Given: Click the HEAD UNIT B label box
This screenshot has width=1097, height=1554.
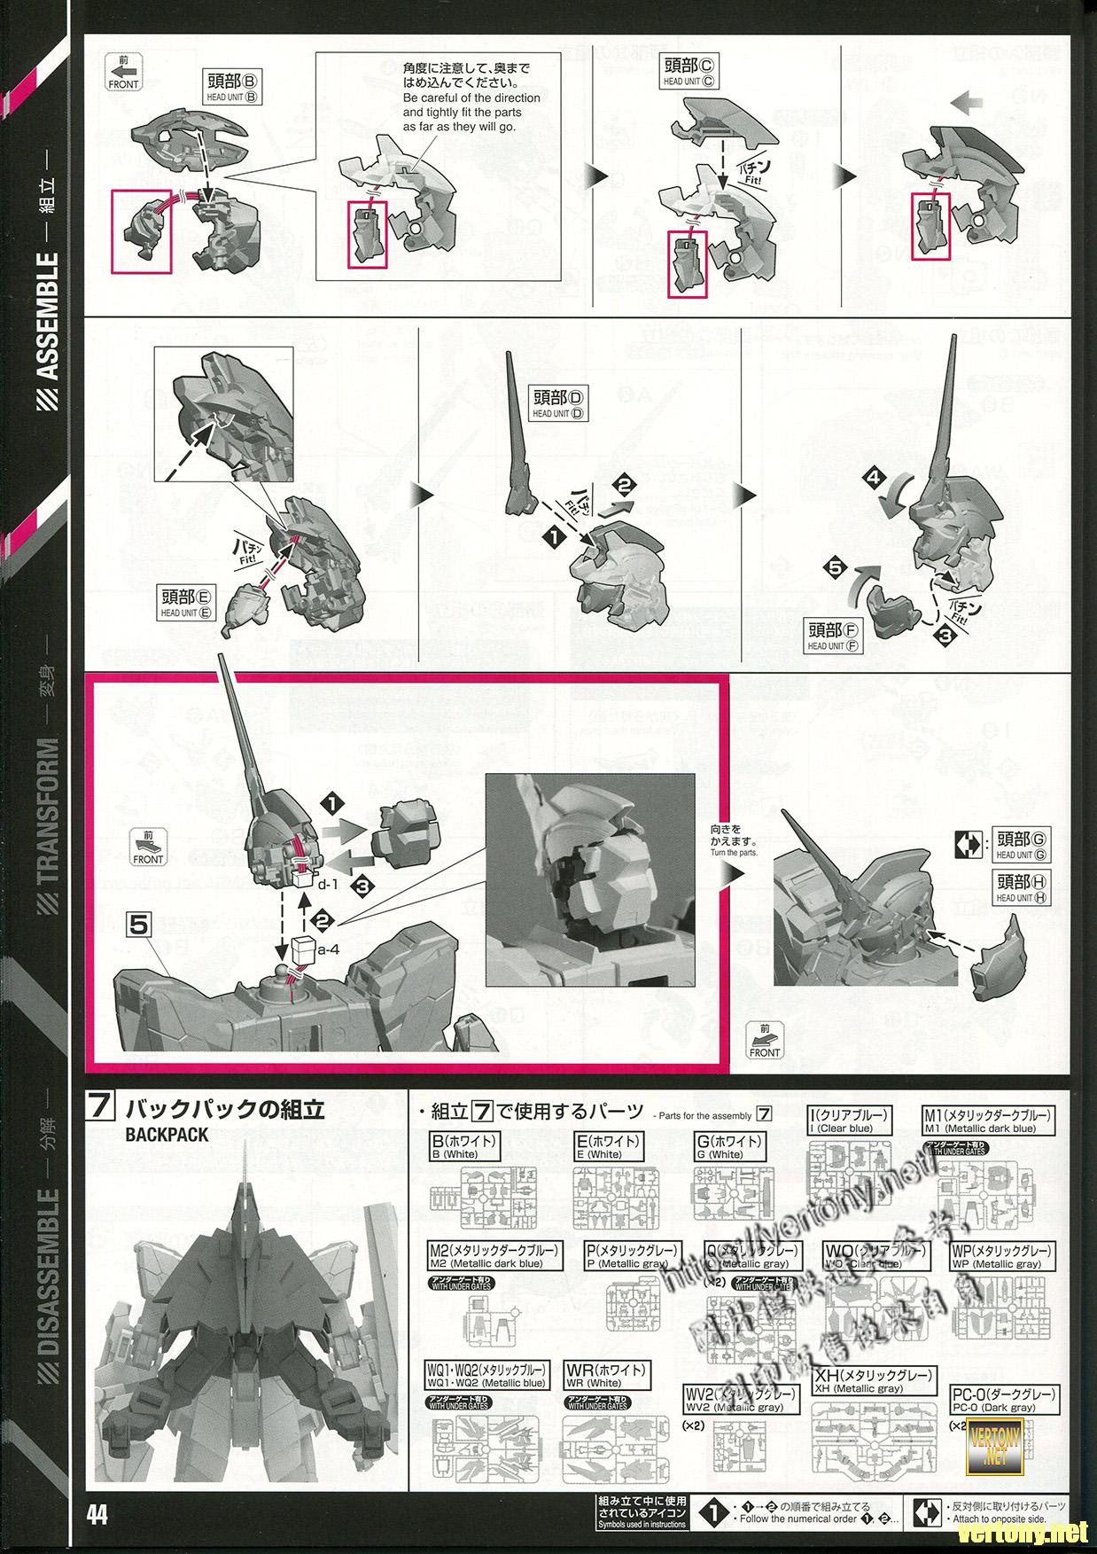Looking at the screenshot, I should [232, 86].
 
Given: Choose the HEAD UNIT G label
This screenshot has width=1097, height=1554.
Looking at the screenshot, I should [1022, 844].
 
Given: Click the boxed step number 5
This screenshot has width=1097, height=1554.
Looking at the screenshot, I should [140, 925].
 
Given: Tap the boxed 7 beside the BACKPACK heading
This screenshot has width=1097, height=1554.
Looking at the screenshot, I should [100, 1109].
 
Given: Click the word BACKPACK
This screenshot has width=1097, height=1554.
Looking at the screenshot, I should [167, 1135].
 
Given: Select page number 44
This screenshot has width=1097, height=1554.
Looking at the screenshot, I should [97, 1515].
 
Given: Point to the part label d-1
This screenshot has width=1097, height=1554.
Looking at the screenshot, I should [328, 884].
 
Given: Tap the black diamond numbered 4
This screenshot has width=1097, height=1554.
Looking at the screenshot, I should [875, 480].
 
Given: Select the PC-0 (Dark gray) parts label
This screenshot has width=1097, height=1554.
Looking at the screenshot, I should [1004, 1399].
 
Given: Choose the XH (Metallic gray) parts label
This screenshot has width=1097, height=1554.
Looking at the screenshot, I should [873, 1382].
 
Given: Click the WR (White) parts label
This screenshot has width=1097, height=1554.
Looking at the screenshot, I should [606, 1375].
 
